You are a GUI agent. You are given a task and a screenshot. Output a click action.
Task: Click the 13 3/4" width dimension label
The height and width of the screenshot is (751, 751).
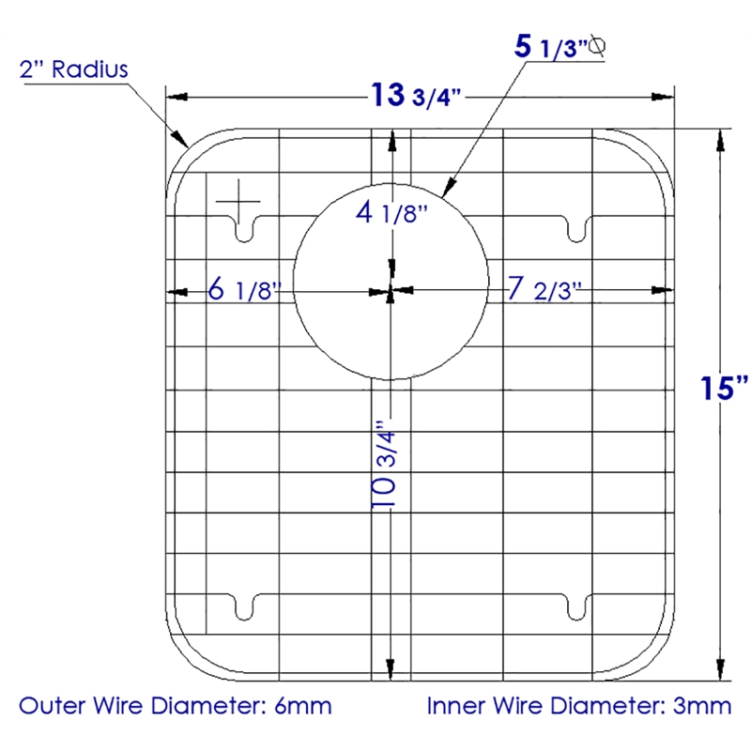(x=416, y=96)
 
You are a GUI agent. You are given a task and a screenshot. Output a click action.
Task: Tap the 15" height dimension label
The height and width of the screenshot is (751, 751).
(x=724, y=388)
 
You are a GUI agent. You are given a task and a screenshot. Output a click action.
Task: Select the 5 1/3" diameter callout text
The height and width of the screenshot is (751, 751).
(x=551, y=47)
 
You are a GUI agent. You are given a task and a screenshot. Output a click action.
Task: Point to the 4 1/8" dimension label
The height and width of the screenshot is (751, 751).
(x=391, y=212)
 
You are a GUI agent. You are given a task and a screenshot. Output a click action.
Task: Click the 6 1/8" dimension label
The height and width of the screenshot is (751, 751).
(x=244, y=289)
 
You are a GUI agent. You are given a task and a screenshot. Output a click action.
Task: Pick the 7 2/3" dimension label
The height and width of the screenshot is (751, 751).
(x=544, y=289)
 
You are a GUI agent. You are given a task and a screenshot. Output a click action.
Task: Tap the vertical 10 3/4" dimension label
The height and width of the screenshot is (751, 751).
(x=384, y=464)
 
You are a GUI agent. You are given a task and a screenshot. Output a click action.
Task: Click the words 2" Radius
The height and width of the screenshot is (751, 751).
(x=74, y=69)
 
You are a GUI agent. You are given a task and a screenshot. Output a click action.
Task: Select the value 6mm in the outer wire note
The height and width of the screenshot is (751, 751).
(x=302, y=706)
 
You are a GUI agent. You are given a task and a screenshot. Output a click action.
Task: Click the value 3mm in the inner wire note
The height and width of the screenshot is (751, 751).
(x=702, y=706)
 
